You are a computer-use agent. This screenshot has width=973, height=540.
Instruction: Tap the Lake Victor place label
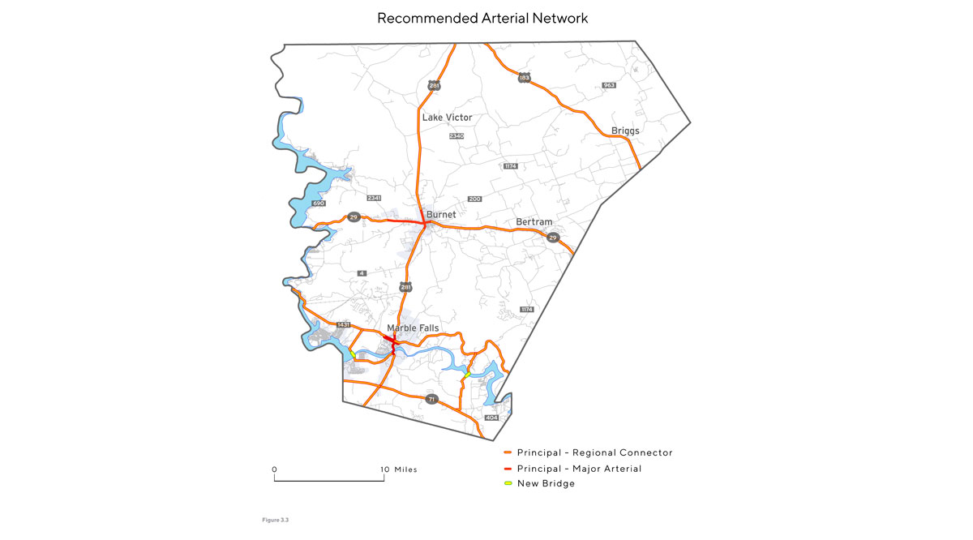point(447,118)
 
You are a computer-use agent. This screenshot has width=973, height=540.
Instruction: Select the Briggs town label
point(626,131)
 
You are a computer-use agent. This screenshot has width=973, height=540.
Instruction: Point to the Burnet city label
point(441,215)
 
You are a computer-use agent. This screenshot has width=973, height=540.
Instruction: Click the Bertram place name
point(534,222)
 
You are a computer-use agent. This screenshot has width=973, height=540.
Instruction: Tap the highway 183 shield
point(525,78)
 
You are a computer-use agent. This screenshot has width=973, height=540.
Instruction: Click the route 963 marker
point(610,85)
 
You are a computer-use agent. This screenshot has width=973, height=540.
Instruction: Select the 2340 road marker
point(456,136)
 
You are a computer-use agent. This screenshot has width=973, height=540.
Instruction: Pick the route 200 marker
point(475,199)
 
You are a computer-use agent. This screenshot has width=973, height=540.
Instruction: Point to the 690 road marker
point(319,203)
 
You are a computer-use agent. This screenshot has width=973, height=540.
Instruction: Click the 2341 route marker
point(374,198)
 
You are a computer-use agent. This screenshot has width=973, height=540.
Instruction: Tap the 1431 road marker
point(343,324)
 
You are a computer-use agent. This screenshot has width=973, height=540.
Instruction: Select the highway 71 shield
point(432,399)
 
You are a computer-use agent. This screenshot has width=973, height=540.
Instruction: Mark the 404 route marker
point(491,418)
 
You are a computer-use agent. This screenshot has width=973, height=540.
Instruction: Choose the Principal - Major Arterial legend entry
point(578,468)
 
